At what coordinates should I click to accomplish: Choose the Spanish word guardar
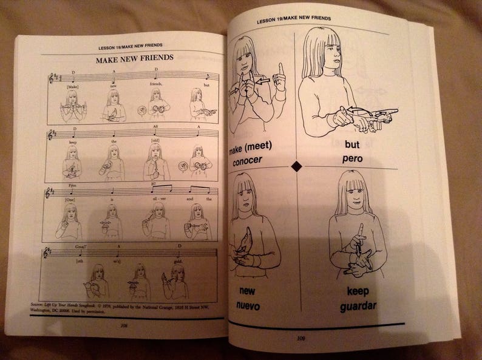click(359, 305)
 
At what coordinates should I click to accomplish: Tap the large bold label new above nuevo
click(246, 291)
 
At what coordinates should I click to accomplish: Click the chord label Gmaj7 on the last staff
click(80, 246)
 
